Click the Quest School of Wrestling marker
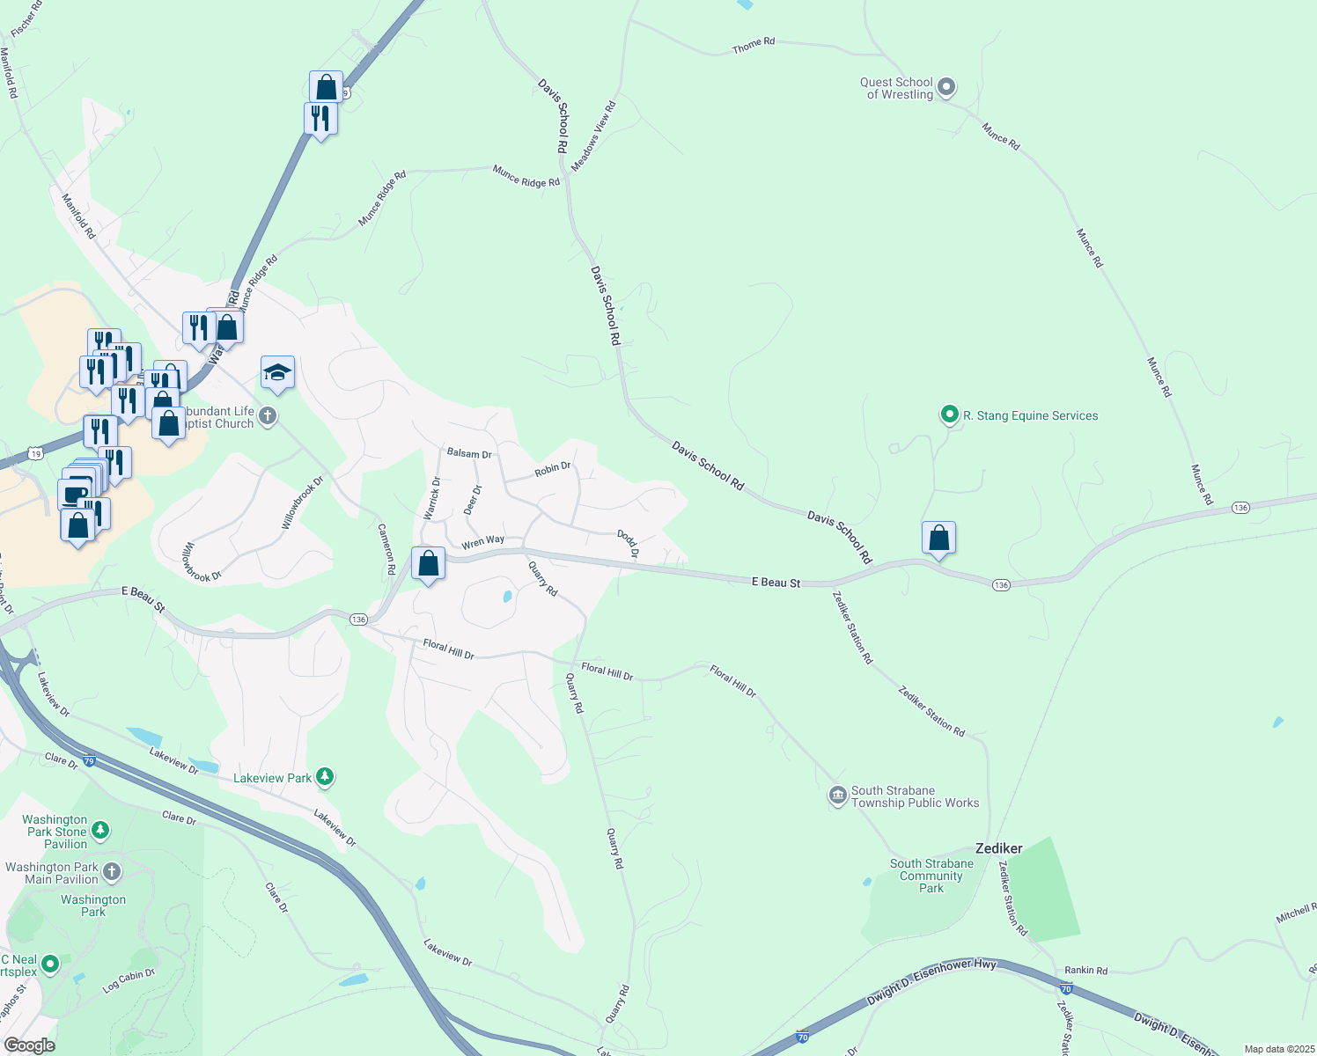coord(946,87)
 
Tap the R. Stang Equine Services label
coord(1030,415)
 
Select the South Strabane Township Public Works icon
coord(837,796)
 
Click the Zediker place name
coord(999,848)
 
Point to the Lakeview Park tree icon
coord(326,777)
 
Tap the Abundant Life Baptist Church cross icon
coord(268,415)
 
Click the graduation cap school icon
coord(277,373)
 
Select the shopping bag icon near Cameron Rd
coord(429,563)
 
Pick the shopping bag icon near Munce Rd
coord(938,538)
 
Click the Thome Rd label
coord(754,45)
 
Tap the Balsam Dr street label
coord(469,453)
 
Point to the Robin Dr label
coord(553,469)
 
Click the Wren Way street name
coord(483,542)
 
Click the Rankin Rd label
coord(1085,971)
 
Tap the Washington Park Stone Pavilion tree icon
coord(101,830)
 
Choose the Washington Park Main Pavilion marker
coord(112,872)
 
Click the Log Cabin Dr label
coord(129,980)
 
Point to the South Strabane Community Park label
coord(931,876)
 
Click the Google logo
coord(29,1045)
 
